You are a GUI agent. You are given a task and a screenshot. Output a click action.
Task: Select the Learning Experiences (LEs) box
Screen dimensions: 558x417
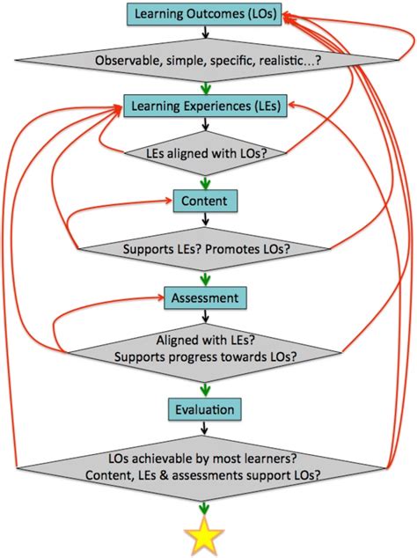click(204, 106)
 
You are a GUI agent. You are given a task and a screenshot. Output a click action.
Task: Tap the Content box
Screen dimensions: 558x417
click(204, 202)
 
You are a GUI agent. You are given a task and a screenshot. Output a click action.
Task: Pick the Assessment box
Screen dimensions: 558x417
click(204, 297)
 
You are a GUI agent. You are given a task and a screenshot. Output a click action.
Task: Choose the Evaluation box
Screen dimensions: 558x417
click(204, 409)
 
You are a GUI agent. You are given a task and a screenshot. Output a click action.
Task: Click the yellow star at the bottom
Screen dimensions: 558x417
click(204, 537)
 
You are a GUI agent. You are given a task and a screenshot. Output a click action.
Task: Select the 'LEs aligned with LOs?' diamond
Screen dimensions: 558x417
click(204, 154)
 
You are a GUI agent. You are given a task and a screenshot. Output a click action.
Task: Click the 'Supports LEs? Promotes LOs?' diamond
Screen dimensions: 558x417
click(204, 249)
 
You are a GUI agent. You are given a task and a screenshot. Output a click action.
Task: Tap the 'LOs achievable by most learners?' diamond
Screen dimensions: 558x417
click(204, 466)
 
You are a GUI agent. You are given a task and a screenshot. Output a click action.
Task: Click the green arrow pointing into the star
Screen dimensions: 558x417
click(204, 508)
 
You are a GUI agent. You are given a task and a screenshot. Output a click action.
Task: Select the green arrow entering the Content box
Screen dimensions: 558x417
click(204, 182)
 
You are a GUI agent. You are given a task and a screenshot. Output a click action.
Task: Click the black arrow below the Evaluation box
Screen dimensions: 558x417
click(204, 428)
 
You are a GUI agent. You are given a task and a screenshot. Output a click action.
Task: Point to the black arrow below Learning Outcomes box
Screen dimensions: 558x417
click(204, 33)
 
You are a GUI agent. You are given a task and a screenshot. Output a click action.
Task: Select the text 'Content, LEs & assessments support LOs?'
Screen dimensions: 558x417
click(204, 475)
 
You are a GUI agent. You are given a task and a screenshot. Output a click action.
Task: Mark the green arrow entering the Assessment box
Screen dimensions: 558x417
click(204, 277)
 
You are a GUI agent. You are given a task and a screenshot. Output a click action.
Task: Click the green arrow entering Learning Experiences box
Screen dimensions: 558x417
click(204, 87)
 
